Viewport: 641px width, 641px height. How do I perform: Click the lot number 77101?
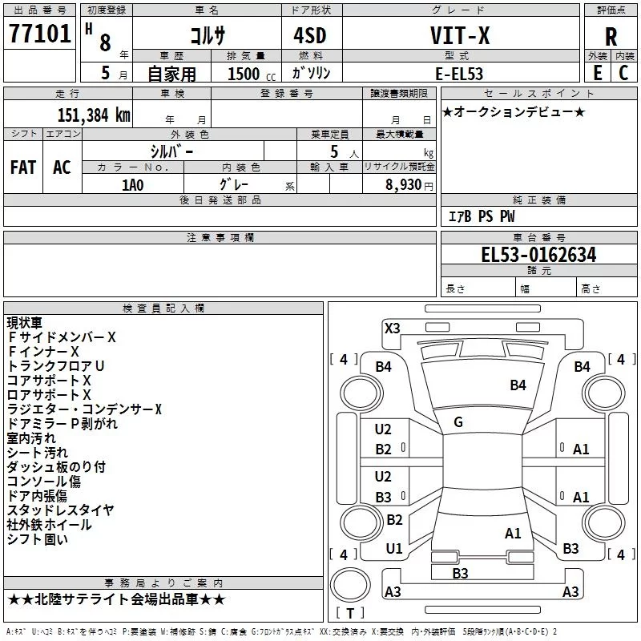click(x=39, y=34)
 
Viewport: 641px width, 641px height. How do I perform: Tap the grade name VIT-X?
click(x=460, y=36)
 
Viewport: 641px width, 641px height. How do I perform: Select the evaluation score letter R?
click(x=611, y=37)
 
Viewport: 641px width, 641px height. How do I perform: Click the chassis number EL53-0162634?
click(x=538, y=255)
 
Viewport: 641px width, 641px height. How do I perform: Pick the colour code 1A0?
click(x=132, y=183)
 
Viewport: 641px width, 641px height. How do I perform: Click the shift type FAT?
click(x=22, y=167)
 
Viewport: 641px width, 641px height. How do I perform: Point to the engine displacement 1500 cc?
click(x=248, y=74)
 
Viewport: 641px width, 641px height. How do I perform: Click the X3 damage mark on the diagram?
click(x=392, y=328)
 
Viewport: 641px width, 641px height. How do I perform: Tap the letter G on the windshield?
click(x=458, y=422)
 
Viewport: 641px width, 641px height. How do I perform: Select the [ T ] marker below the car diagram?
click(x=349, y=614)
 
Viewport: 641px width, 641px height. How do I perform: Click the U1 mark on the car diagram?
click(x=394, y=549)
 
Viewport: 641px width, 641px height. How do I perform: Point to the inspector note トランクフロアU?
click(x=55, y=366)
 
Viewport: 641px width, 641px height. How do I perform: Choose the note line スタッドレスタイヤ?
click(x=60, y=510)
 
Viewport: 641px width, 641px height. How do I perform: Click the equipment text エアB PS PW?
click(x=481, y=216)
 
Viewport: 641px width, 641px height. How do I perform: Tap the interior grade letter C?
click(x=623, y=73)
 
